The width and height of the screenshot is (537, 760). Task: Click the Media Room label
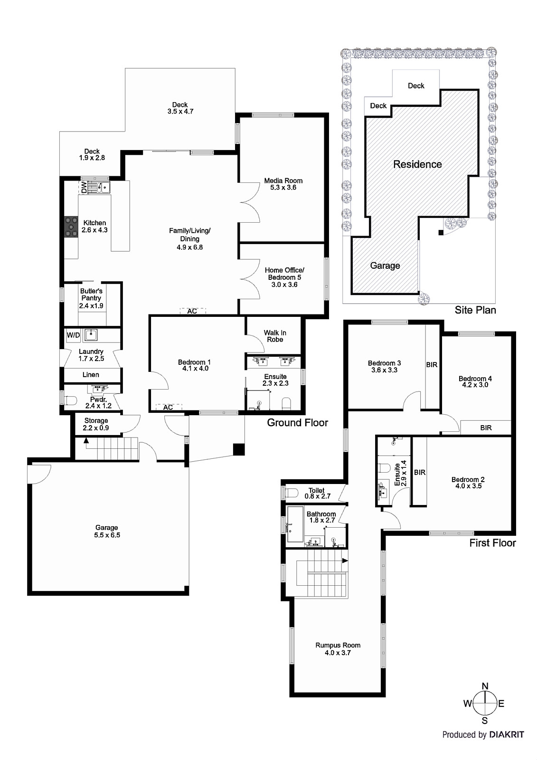coord(283,184)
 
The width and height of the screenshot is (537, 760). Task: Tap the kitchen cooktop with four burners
coord(71,227)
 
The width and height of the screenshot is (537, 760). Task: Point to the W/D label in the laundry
coord(73,335)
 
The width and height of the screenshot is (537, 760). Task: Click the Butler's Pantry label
coord(91,298)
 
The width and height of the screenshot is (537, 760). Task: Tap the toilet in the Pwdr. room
coord(70,400)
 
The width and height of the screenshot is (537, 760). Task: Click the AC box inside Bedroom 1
coord(168,408)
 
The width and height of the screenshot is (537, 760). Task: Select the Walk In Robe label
coord(275,336)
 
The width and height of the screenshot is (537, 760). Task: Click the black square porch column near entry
coord(239,449)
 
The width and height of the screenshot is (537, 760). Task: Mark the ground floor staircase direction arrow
coord(86,441)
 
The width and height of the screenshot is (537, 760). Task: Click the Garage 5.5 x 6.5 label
coord(106,531)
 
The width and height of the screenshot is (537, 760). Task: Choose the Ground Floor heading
coord(297,423)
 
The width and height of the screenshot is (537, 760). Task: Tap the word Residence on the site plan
coord(417,164)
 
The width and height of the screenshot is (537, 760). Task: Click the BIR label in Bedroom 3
coord(432,365)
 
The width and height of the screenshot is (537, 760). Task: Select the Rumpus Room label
coord(338,649)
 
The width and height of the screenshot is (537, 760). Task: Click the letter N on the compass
coord(485,686)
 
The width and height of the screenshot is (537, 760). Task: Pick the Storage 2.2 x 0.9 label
coord(96,424)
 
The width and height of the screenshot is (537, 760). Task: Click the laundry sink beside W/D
coord(90,335)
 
